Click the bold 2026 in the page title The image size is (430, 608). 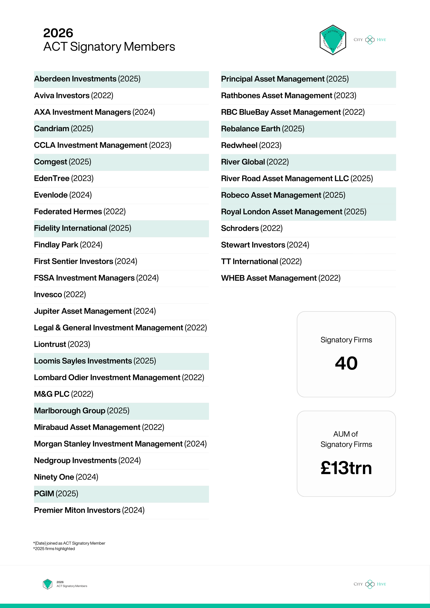(x=58, y=33)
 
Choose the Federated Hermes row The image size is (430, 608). (x=79, y=212)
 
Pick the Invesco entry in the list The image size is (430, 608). (x=60, y=295)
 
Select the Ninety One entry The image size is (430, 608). (x=66, y=477)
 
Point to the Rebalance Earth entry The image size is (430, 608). (x=262, y=129)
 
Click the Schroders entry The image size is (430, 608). (x=252, y=228)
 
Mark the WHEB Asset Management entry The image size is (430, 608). (x=281, y=278)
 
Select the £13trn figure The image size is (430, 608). (x=346, y=468)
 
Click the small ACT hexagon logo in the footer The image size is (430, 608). (x=47, y=584)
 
